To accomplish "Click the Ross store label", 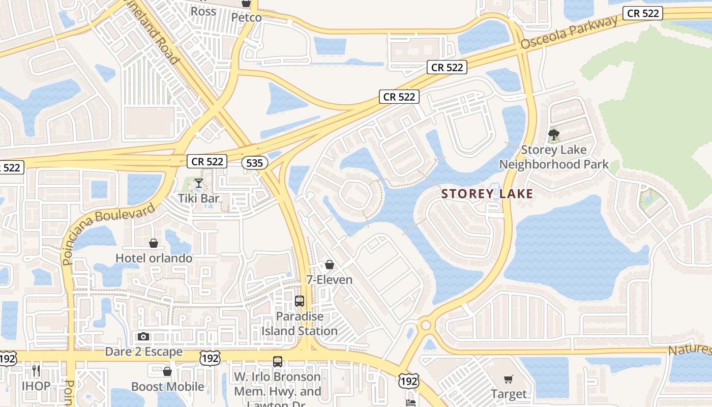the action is (x=203, y=11).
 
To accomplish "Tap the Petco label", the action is (x=246, y=17).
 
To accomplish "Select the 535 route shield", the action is (x=254, y=162).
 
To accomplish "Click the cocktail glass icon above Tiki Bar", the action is (x=198, y=183).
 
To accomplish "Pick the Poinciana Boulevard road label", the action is (x=109, y=234).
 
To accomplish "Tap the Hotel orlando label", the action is (x=154, y=258).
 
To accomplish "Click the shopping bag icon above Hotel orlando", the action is (x=154, y=244).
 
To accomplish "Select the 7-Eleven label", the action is (x=329, y=279).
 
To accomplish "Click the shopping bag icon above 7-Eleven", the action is (x=330, y=265).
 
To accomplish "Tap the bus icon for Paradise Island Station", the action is (x=300, y=301).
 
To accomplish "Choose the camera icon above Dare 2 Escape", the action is (x=143, y=336).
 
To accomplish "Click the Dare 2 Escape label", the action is (x=143, y=352).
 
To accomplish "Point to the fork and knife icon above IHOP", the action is (x=36, y=370).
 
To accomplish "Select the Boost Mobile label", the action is (x=167, y=387).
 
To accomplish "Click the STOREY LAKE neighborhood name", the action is (x=487, y=194).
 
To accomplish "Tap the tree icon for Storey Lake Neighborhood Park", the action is (x=554, y=135).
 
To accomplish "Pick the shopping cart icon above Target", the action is (x=508, y=379).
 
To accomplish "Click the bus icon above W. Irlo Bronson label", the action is (x=278, y=362).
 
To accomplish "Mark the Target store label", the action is (x=509, y=394).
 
